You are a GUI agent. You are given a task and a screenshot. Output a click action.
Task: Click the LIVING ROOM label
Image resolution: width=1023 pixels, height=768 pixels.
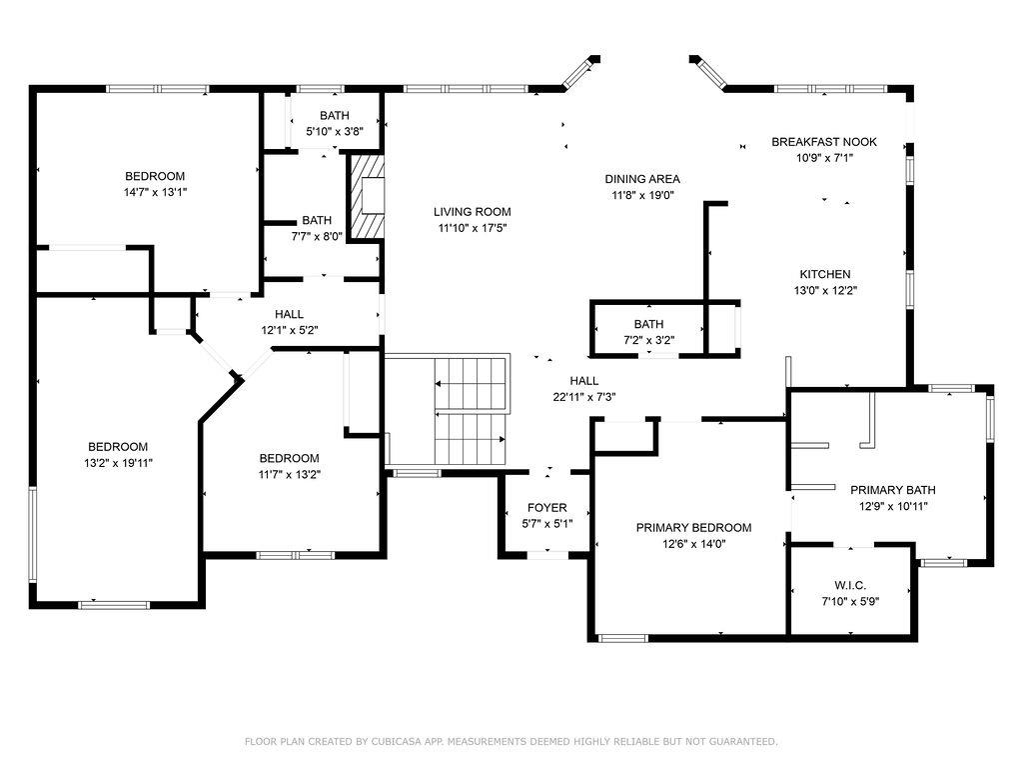[472, 212]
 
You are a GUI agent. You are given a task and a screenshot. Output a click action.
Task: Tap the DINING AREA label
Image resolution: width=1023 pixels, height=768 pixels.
[642, 179]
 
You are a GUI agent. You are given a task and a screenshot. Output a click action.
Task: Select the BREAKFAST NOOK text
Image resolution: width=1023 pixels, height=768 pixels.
[824, 142]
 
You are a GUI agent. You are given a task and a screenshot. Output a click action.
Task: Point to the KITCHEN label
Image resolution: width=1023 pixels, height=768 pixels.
[824, 274]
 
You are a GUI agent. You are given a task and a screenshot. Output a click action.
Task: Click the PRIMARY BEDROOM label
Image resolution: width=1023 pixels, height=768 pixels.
[694, 528]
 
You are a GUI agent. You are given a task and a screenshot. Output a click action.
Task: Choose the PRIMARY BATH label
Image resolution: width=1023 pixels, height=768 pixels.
[892, 490]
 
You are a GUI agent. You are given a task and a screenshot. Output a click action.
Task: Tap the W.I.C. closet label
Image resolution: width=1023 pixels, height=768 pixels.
[850, 585]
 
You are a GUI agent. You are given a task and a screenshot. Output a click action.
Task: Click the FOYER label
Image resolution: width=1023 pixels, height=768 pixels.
[546, 508]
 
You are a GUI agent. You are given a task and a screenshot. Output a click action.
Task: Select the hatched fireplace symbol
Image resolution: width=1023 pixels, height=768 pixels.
[368, 197]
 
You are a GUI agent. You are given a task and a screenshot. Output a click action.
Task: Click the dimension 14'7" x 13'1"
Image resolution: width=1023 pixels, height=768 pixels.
[155, 192]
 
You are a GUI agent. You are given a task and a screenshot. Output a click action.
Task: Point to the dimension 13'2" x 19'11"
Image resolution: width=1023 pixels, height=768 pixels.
[118, 462]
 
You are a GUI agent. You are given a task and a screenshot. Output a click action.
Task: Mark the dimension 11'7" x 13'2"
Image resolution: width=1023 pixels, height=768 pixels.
[288, 474]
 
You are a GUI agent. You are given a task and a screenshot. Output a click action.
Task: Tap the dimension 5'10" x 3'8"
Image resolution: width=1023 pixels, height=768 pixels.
[334, 131]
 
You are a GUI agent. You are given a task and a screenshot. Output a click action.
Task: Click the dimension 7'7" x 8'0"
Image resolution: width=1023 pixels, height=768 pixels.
[317, 236]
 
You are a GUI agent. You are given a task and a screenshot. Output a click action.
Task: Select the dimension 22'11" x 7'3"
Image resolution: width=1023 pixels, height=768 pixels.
[584, 396]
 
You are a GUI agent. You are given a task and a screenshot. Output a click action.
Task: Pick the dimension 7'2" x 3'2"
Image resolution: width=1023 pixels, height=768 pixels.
[648, 340]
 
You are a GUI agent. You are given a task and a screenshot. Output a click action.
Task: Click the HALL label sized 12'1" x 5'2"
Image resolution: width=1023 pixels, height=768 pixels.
[289, 314]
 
